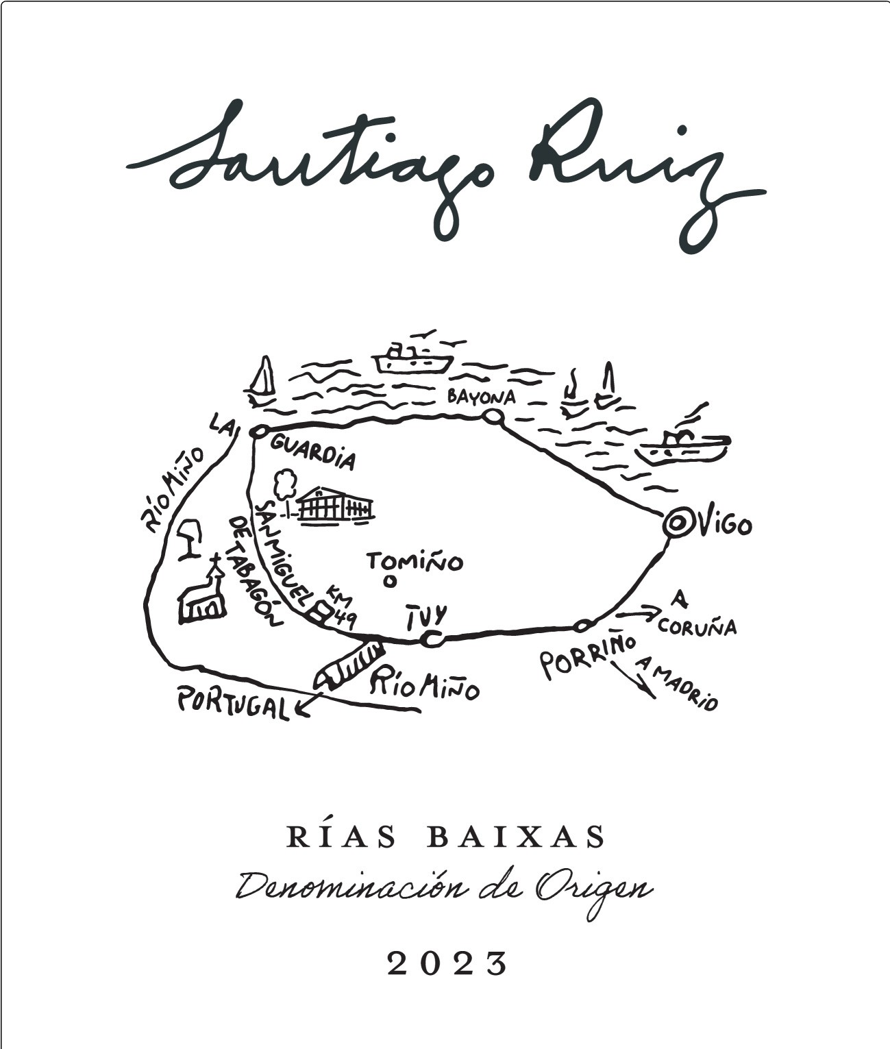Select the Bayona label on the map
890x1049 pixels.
click(x=481, y=397)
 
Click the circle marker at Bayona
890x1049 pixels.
click(x=493, y=416)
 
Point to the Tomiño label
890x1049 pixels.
click(x=415, y=562)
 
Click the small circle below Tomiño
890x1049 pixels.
click(x=390, y=582)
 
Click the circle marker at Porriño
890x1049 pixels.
click(x=582, y=625)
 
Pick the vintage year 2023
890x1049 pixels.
click(x=447, y=964)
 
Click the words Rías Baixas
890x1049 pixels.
click(x=447, y=837)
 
